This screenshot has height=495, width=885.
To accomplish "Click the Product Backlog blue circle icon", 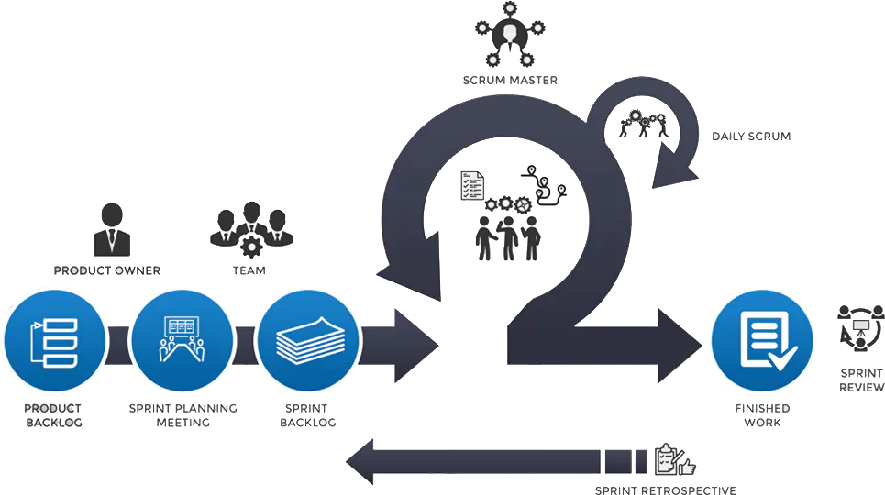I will pyautogui.click(x=54, y=339).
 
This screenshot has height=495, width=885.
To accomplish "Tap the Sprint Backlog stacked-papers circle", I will pyautogui.click(x=305, y=339).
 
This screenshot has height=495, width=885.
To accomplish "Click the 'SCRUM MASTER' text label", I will pyautogui.click(x=510, y=82).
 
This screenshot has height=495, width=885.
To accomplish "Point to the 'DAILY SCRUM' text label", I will pyautogui.click(x=751, y=137).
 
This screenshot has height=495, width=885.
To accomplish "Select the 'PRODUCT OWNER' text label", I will pyautogui.click(x=107, y=270).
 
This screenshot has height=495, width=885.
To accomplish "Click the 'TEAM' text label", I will pyautogui.click(x=249, y=271).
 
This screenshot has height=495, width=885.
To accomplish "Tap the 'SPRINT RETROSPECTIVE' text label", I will pyautogui.click(x=666, y=489).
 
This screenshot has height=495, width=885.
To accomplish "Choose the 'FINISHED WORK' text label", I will pyautogui.click(x=761, y=414).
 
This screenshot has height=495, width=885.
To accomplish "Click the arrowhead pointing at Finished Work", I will pyautogui.click(x=680, y=346).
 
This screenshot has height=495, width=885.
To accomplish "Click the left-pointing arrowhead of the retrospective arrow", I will pyautogui.click(x=360, y=462).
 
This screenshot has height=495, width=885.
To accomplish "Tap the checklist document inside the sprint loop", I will pyautogui.click(x=471, y=186).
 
